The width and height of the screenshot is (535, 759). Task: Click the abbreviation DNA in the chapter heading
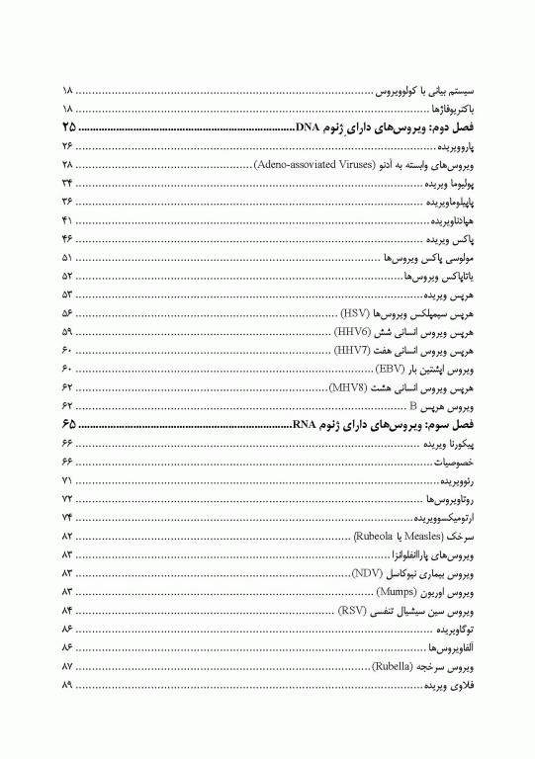307,128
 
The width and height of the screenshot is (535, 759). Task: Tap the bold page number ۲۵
67,128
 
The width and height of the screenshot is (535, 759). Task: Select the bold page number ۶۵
67,424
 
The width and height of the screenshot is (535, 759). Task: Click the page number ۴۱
67,219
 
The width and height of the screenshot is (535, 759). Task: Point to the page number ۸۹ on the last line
67,685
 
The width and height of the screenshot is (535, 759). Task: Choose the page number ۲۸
67,164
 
